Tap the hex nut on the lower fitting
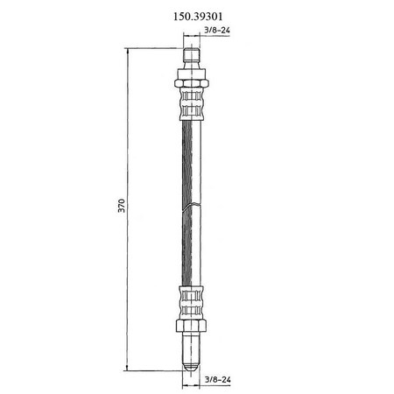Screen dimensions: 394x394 192,326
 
